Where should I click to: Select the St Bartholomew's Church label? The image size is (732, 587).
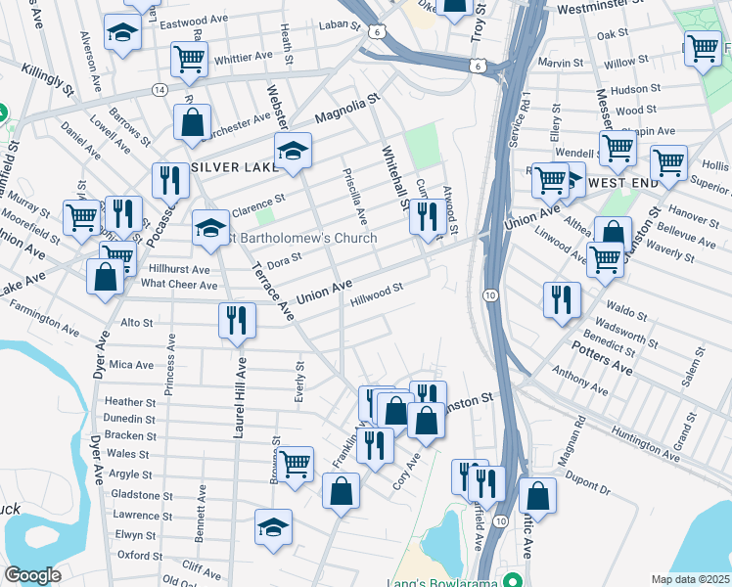[303, 239]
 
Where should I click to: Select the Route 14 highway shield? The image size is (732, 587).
[158, 89]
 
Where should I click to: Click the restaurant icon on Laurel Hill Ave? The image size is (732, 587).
[238, 320]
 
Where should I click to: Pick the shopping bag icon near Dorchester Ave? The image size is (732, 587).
[193, 123]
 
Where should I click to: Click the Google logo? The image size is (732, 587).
[32, 575]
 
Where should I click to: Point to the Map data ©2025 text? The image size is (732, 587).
[690, 579]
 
